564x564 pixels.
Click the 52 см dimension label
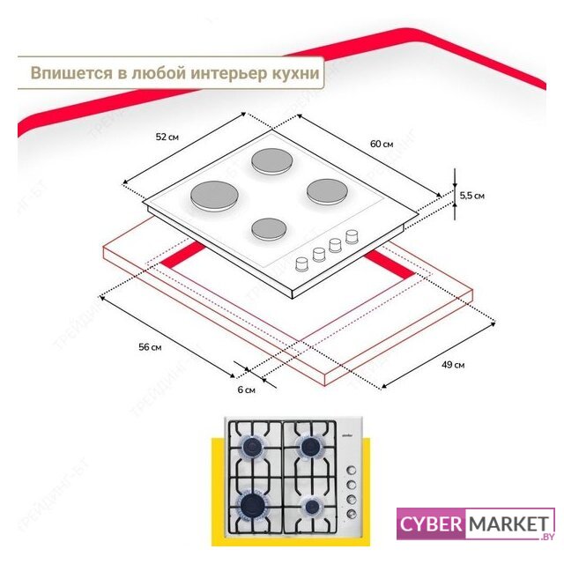point(167,137)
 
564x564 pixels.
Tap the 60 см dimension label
point(381,144)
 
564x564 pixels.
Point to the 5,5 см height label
point(471,196)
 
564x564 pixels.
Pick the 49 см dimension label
point(452,365)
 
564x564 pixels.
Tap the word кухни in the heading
point(293,73)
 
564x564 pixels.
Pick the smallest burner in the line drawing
point(273,229)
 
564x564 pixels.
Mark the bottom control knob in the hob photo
point(351,516)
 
